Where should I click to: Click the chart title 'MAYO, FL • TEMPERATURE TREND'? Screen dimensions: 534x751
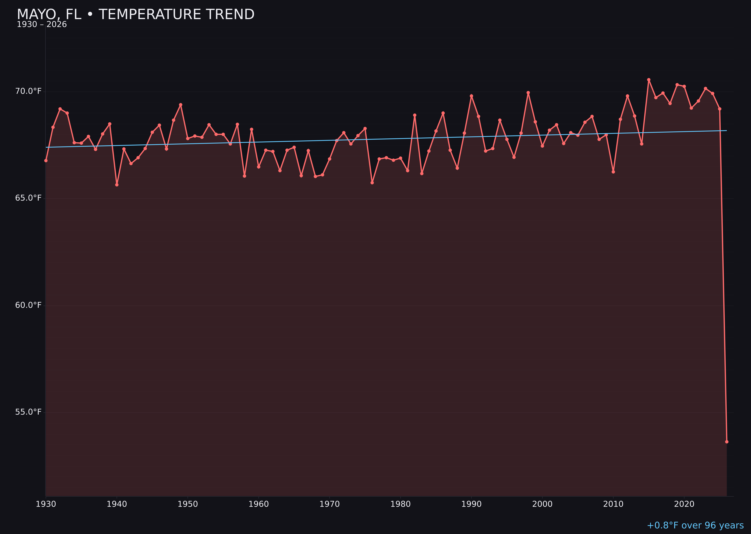tap(136, 14)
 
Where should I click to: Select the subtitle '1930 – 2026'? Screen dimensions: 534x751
tap(42, 25)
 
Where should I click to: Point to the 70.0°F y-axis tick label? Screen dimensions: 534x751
tap(28, 91)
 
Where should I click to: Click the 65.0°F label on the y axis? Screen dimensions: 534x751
tap(28, 198)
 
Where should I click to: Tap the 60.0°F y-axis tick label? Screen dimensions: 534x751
tap(28, 305)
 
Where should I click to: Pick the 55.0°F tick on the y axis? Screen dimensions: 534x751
tap(28, 412)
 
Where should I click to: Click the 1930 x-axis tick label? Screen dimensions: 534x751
tap(46, 504)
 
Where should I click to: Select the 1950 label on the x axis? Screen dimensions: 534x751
tap(188, 504)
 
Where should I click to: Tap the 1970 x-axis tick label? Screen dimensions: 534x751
tap(330, 504)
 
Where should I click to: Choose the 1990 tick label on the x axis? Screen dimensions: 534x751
tap(471, 504)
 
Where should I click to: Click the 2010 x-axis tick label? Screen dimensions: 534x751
tap(613, 504)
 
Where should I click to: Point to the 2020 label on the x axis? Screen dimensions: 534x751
tap(684, 504)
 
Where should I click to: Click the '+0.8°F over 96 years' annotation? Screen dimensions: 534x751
tap(695, 525)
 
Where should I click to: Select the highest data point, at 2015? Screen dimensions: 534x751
tap(649, 80)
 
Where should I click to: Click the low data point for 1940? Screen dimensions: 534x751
tap(117, 185)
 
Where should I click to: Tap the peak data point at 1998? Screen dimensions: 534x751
tap(528, 93)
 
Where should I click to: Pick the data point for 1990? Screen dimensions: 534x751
tap(471, 96)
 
